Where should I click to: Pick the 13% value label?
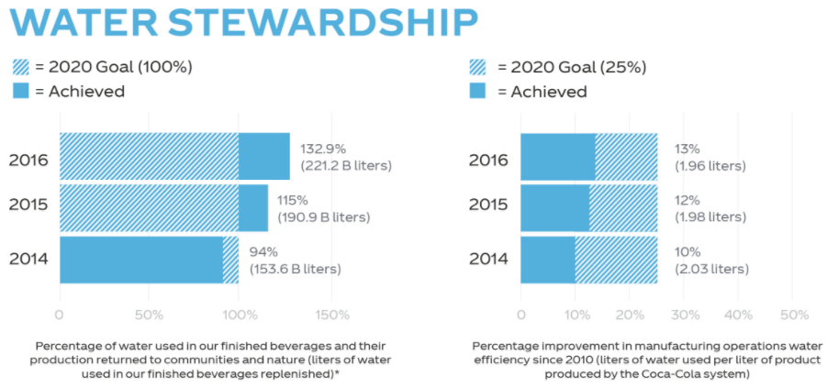(x=687, y=149)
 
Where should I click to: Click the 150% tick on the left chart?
(x=331, y=315)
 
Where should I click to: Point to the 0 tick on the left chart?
(x=60, y=315)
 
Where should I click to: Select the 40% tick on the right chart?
(x=738, y=315)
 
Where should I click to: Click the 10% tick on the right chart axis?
(x=576, y=315)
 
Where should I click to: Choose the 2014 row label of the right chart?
(x=489, y=259)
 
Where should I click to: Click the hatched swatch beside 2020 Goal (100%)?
(x=22, y=67)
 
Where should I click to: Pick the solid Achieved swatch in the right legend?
(x=478, y=92)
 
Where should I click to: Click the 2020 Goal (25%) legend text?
(x=572, y=67)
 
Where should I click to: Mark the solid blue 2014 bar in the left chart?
(x=140, y=260)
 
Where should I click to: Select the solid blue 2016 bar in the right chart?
(x=557, y=157)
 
